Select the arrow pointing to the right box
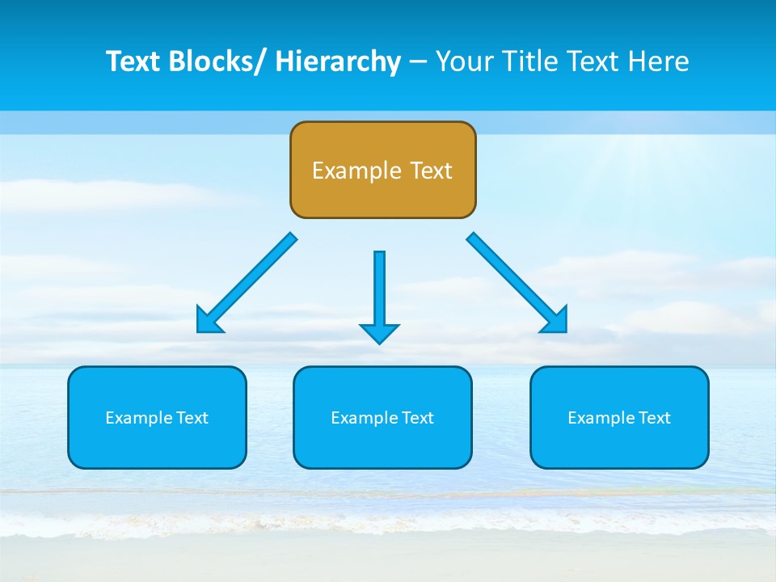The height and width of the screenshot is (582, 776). coord(517,282)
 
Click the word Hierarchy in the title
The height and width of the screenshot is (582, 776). coord(338,61)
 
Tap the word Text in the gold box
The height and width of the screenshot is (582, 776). coord(431,171)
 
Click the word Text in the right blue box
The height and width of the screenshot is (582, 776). coord(655,418)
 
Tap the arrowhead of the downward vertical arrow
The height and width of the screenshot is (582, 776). coord(379,333)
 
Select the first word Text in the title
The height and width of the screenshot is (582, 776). coord(133,61)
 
